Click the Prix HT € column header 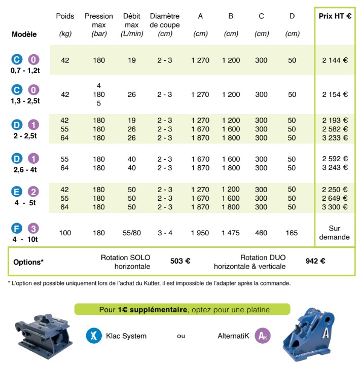[335, 16]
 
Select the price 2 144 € [335, 60]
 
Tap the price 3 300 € [335, 207]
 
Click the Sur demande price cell [335, 233]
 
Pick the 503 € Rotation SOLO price [180, 262]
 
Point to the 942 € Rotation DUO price [315, 262]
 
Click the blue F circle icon [17, 228]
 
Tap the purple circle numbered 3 [33, 228]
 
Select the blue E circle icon [17, 192]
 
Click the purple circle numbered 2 [33, 192]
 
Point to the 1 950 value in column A [200, 233]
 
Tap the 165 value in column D [292, 233]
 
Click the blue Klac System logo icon [93, 335]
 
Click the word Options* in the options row [28, 262]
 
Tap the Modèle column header [24, 35]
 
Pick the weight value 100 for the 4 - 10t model [65, 233]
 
